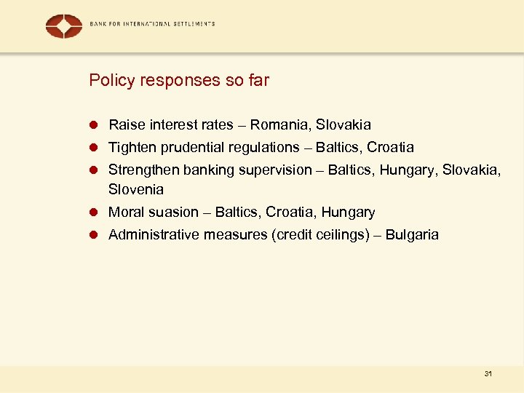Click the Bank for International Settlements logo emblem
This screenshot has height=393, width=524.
pos(63,25)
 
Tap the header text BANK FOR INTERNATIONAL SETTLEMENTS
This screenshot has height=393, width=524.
pos(152,24)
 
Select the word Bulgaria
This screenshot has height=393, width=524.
pos(412,235)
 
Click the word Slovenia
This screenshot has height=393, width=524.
pos(136,189)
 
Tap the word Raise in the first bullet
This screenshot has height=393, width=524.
pos(125,125)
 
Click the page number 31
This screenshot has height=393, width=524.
pos(488,374)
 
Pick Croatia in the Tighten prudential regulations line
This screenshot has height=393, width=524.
pos(390,148)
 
